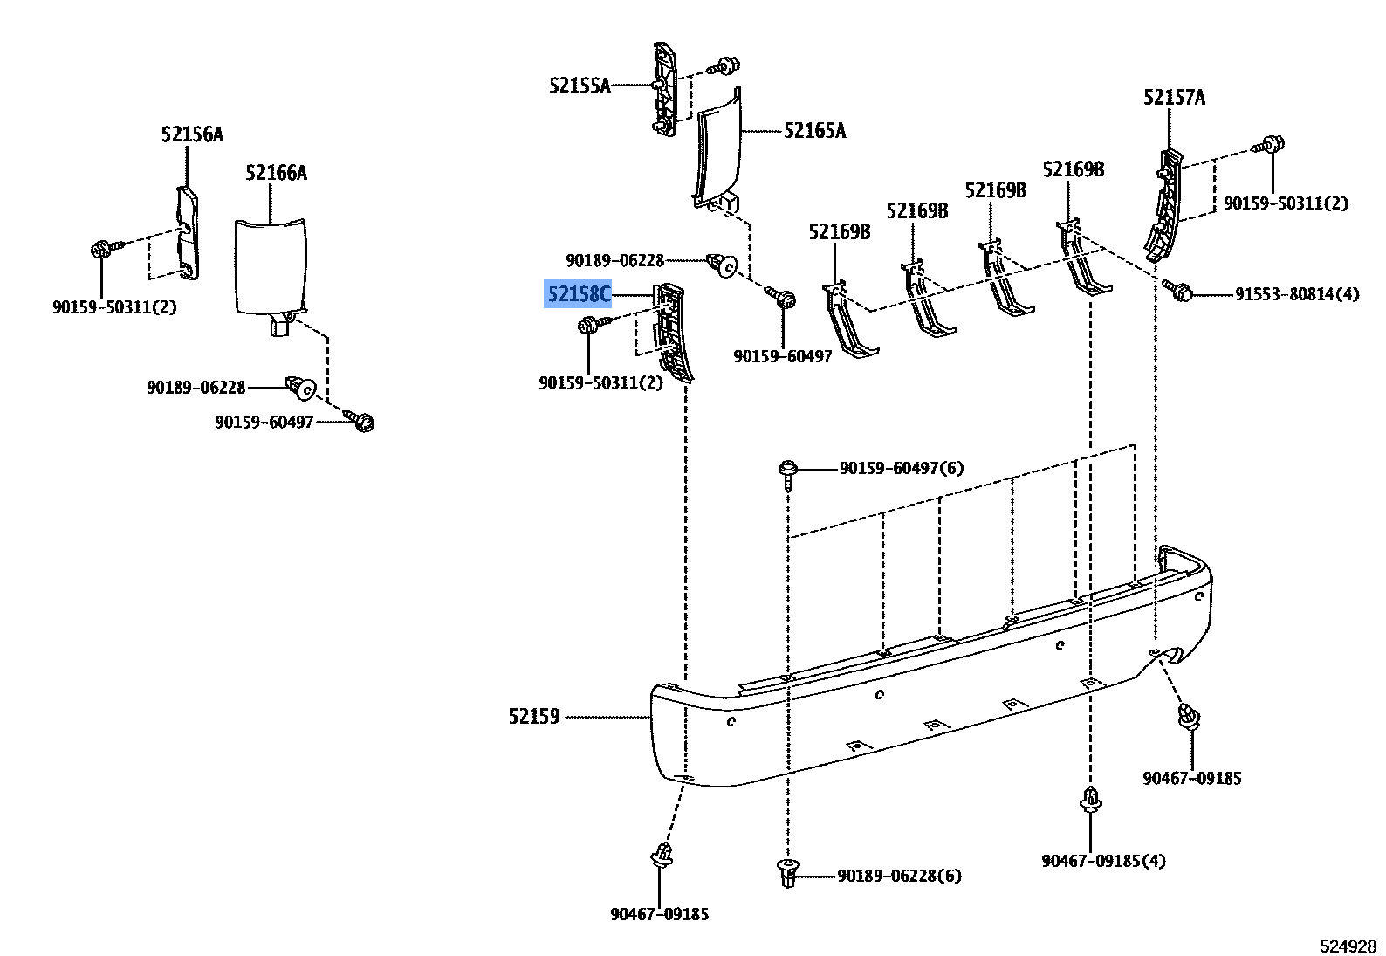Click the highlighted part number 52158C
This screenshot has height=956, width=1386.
[x=578, y=294]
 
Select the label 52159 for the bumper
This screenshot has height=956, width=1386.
[x=534, y=717]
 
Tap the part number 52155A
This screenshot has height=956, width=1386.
[x=580, y=86]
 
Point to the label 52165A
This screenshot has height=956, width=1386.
[x=815, y=131]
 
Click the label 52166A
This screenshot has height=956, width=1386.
[x=276, y=173]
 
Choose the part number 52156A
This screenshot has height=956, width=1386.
[x=192, y=134]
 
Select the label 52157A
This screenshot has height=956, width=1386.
[x=1174, y=98]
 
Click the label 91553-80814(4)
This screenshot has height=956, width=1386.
[x=1297, y=294]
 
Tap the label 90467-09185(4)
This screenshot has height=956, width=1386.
[x=1103, y=861]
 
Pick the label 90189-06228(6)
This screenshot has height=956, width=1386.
[x=900, y=877]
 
